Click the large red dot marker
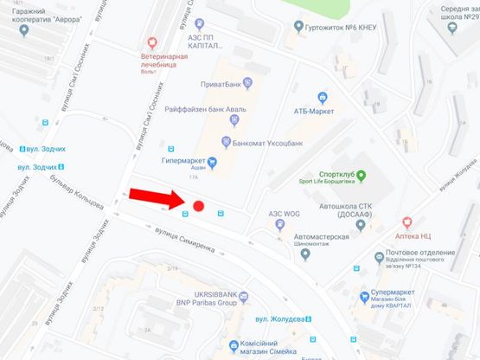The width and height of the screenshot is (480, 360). click(198, 206)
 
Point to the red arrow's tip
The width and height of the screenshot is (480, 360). click(184, 204)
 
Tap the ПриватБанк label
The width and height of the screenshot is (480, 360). click(217, 85)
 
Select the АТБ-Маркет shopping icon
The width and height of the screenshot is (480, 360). click(323, 97)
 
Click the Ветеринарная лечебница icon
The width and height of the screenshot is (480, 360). click(152, 41)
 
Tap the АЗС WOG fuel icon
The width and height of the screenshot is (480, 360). click(279, 223)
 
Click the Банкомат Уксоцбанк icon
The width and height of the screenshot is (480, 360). click(227, 141)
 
